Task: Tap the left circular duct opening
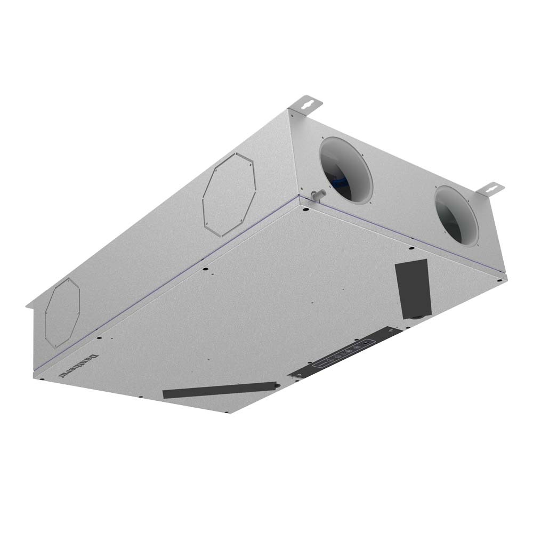345,169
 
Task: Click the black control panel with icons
345,354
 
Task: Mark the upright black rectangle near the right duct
411,288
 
